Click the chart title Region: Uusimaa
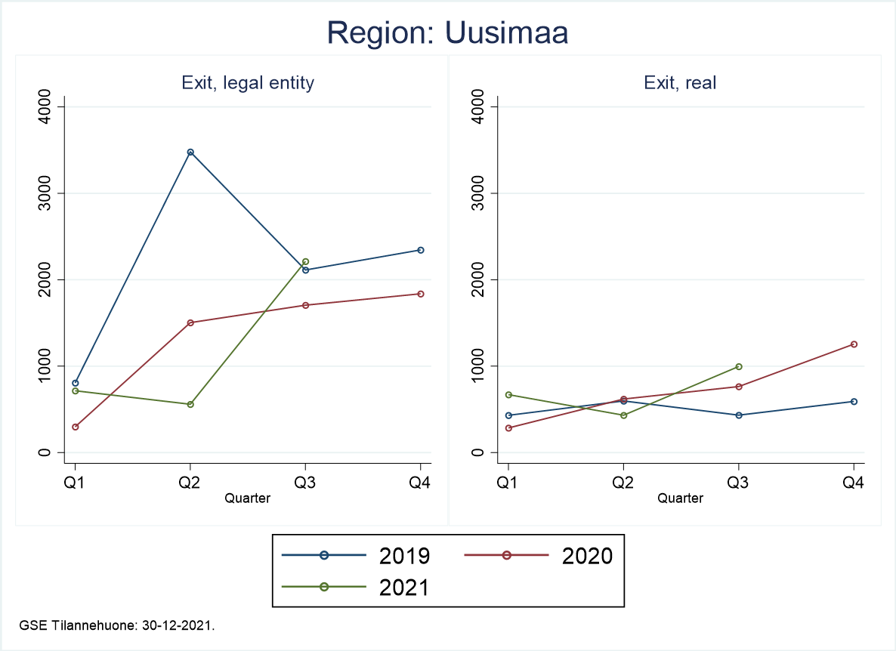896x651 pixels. coord(447,32)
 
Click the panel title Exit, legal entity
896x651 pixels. coord(248,83)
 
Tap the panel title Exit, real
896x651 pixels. coord(680,83)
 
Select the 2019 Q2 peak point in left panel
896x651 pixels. coord(190,153)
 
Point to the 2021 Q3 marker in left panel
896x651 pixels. coord(305,261)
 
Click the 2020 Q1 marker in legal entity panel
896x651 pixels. coord(76,427)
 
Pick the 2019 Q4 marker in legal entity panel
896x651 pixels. coord(421,250)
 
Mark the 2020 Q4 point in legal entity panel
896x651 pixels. coord(421,294)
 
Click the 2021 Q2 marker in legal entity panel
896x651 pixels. coord(190,404)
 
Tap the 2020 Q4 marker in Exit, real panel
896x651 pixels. coord(854,344)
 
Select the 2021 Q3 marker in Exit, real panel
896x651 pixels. coord(739,366)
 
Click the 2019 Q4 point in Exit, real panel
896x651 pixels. coord(854,401)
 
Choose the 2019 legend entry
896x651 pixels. coord(356,556)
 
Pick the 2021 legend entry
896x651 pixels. coord(356,588)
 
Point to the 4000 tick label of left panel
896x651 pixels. coord(45,106)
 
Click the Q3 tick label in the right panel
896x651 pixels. coord(739,483)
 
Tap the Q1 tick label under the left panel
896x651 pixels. coord(76,483)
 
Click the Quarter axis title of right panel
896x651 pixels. coord(680,498)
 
